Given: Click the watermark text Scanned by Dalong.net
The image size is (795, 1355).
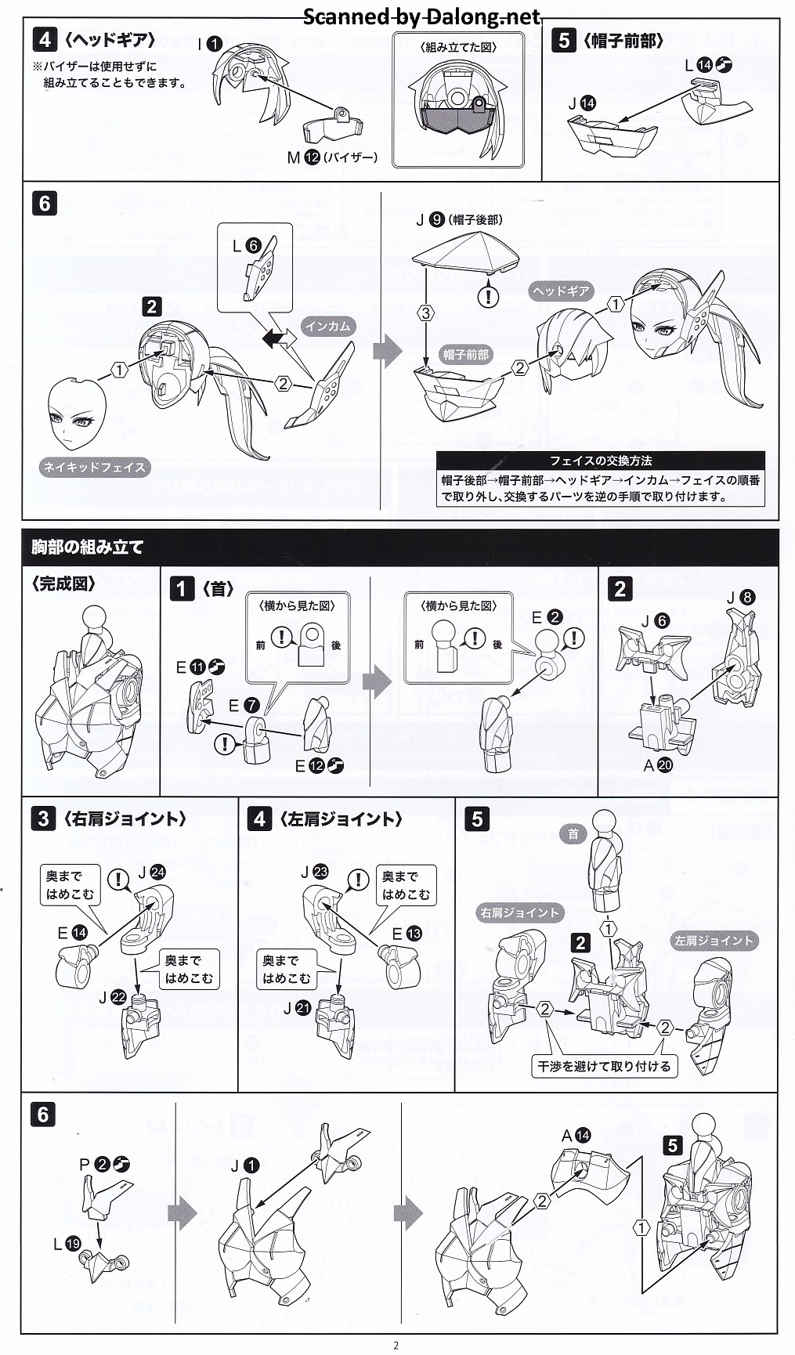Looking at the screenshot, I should [421, 16].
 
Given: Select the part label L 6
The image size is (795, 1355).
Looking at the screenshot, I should [245, 246].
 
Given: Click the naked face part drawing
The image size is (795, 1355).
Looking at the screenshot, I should [77, 413].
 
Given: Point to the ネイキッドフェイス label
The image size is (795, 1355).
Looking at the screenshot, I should [94, 468].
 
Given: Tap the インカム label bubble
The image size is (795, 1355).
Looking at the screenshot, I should [327, 326].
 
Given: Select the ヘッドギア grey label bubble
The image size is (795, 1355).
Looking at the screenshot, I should [561, 291].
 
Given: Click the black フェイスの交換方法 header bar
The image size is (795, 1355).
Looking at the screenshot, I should [600, 461].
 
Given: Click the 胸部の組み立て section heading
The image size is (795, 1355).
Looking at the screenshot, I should [87, 547].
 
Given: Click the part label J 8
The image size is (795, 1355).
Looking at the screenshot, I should [739, 598].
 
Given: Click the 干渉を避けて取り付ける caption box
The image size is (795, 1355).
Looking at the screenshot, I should [603, 1066].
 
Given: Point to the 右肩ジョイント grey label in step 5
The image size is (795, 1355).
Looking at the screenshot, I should [519, 912].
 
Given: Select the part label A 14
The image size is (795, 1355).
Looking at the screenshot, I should [576, 1136].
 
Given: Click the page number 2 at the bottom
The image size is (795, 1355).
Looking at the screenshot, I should [396, 1346].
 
